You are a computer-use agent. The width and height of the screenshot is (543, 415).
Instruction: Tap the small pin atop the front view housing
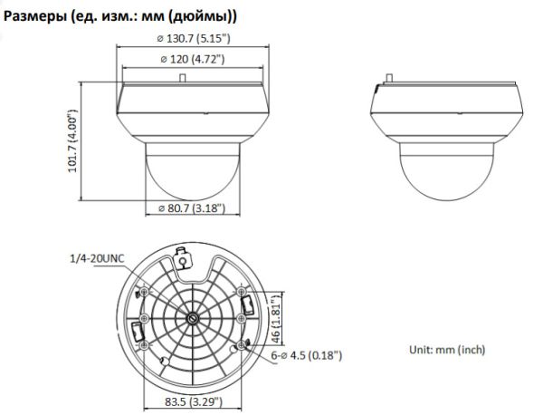pyautogui.click(x=185, y=79)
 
